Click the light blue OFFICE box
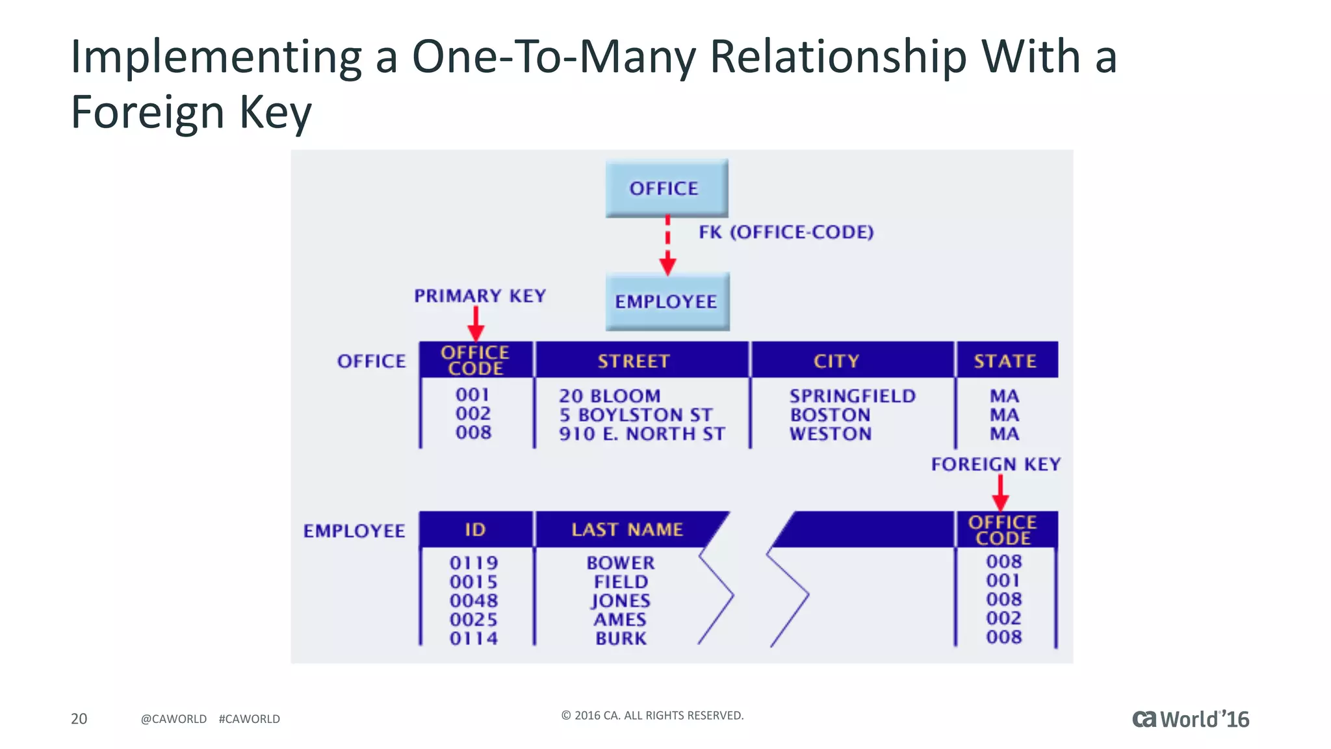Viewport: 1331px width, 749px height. [666, 188]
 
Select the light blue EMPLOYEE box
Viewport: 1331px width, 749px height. [667, 301]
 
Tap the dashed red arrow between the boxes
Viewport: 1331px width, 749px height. [667, 246]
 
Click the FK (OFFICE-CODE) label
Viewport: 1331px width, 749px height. [786, 232]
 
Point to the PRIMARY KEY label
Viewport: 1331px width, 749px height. [480, 296]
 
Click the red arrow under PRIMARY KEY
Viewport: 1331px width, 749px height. [476, 323]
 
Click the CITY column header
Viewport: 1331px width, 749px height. [836, 361]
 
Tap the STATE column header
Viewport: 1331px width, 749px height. [1005, 361]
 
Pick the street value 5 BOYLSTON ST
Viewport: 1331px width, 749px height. [636, 415]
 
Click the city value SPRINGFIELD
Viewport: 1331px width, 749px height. [852, 396]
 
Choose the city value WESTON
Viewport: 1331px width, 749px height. [831, 434]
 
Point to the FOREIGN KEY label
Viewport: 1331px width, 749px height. [996, 464]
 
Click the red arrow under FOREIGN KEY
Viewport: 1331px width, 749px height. [1000, 493]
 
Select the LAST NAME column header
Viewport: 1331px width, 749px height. [627, 529]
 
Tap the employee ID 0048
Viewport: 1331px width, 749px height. [474, 601]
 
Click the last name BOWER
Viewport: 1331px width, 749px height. [621, 563]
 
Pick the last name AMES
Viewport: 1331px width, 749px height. [620, 620]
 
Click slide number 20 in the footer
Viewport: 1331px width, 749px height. [79, 718]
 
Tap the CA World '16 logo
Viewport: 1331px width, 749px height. [1190, 719]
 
